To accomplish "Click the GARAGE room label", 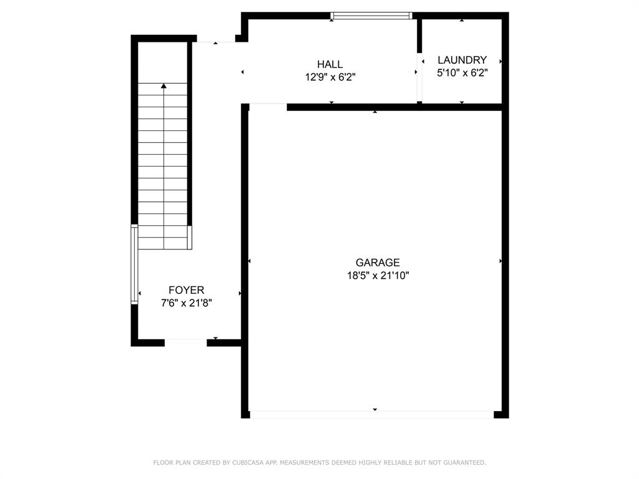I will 378,263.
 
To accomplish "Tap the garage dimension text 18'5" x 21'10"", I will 378,275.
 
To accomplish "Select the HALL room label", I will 329,64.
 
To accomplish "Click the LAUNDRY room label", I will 462,60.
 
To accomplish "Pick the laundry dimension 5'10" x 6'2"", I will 462,72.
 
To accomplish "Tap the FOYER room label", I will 186,290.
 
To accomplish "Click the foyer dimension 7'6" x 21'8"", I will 186,303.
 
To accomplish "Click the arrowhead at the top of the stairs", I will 163,86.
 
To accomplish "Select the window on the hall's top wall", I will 371,16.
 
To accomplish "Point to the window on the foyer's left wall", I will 134,264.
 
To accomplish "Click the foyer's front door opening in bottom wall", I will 185,342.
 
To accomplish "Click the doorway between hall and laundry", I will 419,77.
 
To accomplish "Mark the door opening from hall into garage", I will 268,106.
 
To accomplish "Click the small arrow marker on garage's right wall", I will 501,261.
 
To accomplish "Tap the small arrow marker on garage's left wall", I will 249,261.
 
